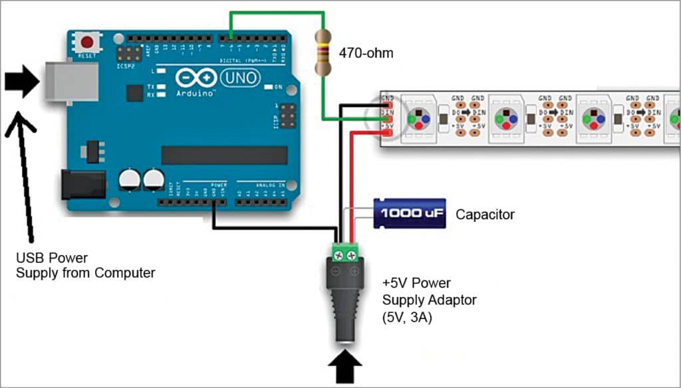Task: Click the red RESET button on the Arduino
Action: click(x=86, y=43)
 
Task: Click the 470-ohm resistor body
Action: click(x=325, y=52)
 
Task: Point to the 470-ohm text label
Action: click(x=366, y=52)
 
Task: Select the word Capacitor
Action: click(x=485, y=215)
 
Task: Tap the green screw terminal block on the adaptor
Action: click(x=346, y=251)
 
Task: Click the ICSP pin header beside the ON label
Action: click(x=287, y=116)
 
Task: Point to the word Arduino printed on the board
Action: click(x=196, y=94)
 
